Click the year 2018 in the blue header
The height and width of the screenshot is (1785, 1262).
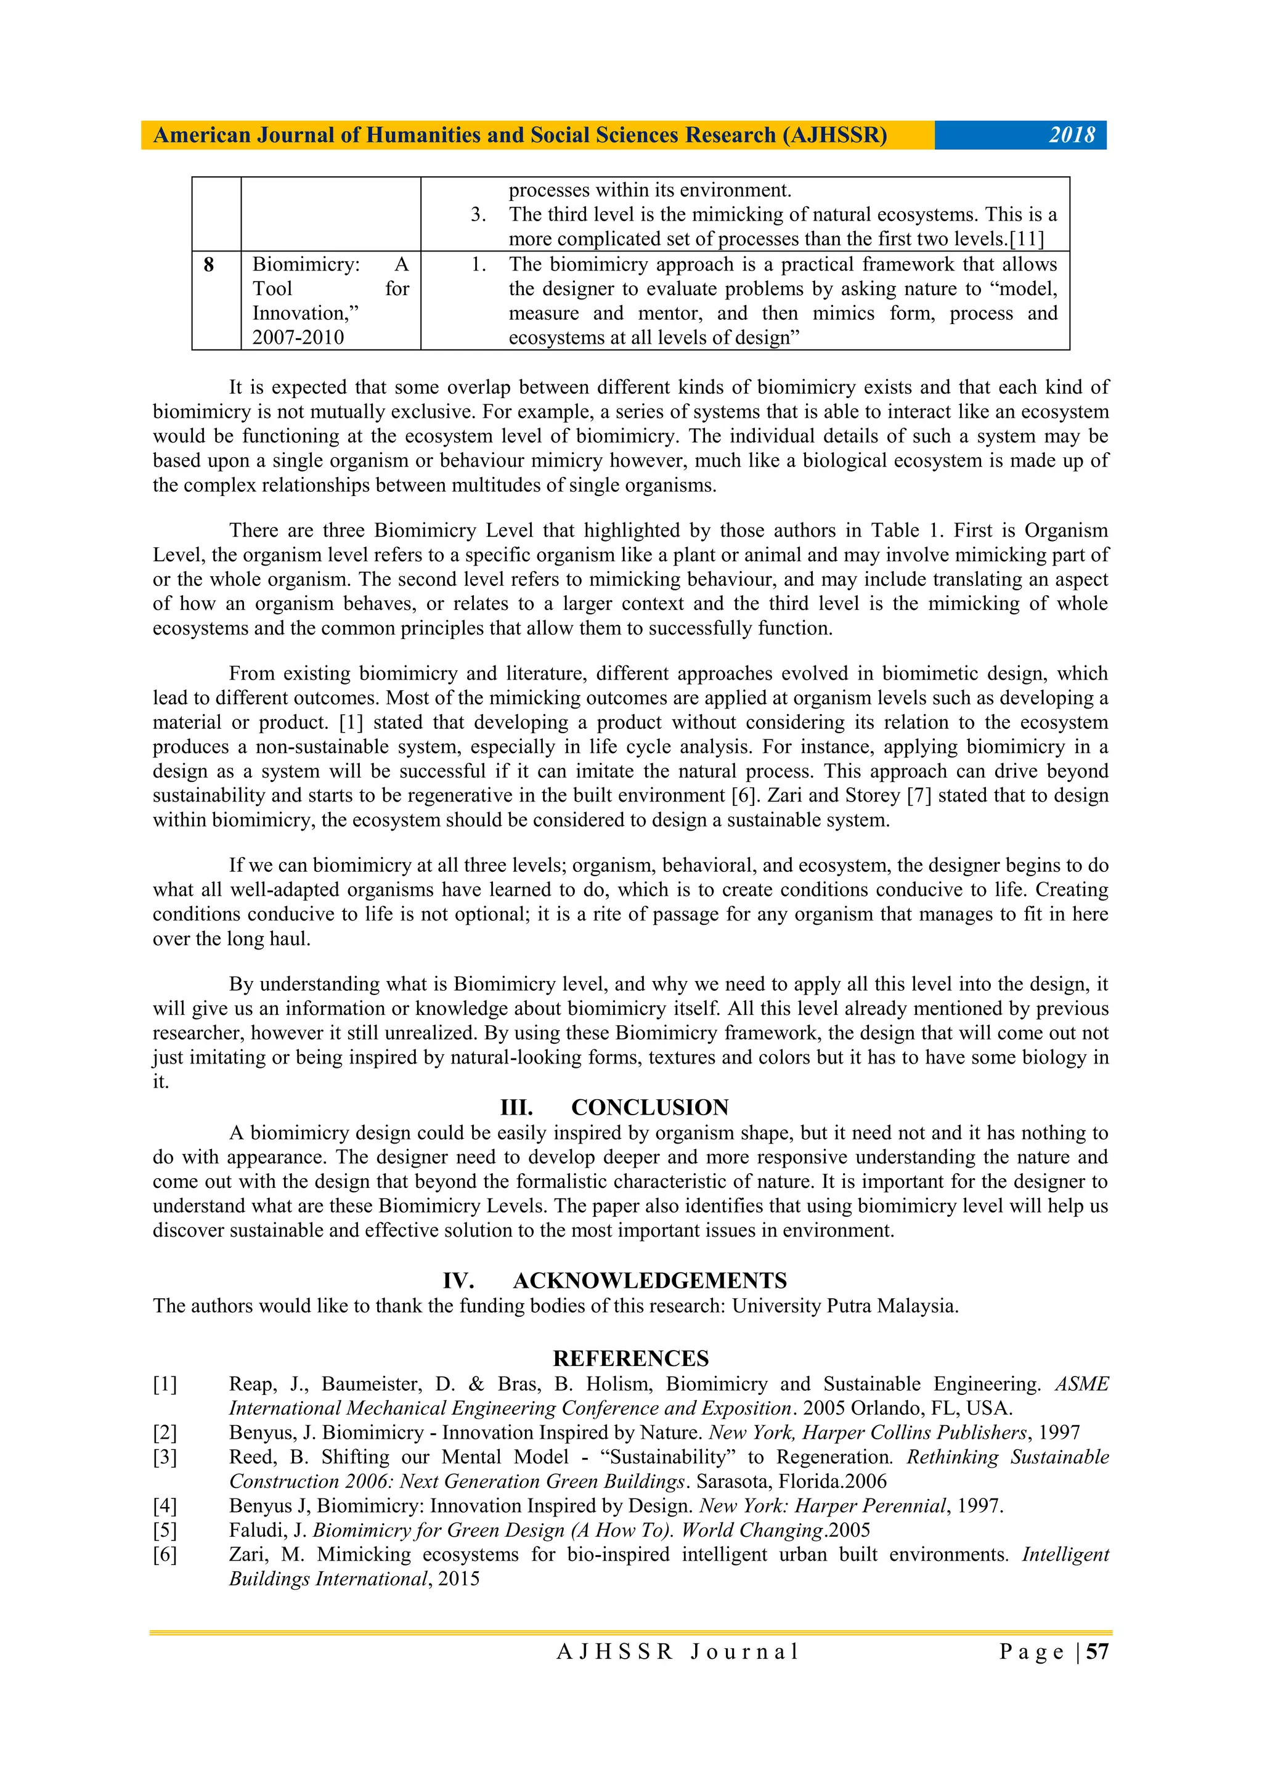pos(1072,136)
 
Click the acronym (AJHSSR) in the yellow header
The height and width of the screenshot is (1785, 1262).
pos(834,136)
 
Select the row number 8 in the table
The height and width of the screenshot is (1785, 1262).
pos(208,265)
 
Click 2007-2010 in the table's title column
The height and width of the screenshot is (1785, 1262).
pos(298,338)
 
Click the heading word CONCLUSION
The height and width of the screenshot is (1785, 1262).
pos(650,1107)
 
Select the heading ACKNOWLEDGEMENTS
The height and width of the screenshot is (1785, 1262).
pos(650,1280)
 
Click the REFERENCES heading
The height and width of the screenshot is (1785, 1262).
pos(630,1358)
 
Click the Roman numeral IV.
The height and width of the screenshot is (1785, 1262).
pos(458,1280)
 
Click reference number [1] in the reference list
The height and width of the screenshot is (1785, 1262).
pos(165,1384)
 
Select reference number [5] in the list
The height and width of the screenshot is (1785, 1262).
pos(165,1530)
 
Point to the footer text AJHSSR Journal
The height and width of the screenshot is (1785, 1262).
pos(677,1651)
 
